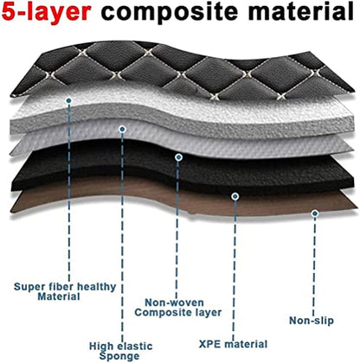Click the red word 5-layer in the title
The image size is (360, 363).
coord(47,12)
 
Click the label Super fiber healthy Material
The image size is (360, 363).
coord(65,291)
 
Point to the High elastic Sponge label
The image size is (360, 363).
coord(120,351)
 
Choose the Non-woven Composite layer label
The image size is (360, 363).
coord(178,308)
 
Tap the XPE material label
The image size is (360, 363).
coord(233,344)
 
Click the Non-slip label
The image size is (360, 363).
coord(312,321)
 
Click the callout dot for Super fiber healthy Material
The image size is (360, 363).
coord(68,100)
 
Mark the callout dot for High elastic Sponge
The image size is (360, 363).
coord(122,130)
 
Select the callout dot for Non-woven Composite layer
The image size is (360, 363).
coord(178,157)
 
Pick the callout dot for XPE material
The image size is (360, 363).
coord(235,196)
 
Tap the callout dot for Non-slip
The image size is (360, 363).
coord(315,213)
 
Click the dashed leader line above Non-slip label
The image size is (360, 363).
coord(314,265)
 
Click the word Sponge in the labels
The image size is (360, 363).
coord(119,356)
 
